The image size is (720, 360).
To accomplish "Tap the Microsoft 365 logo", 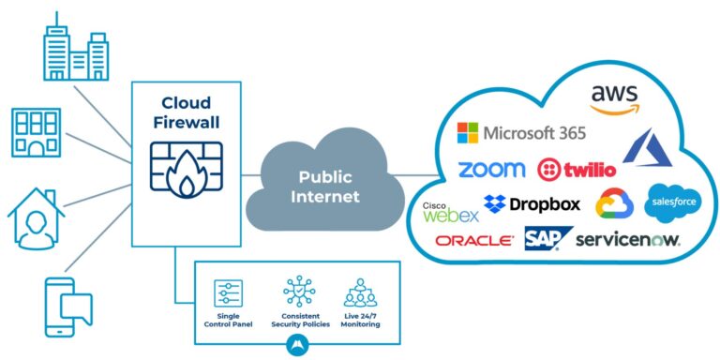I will [521, 132].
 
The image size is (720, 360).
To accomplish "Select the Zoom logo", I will [490, 170].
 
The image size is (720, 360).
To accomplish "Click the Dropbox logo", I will [532, 203].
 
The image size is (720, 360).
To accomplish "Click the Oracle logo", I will [474, 240].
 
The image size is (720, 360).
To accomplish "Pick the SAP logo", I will [543, 240].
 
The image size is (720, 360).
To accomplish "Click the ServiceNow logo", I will [627, 240].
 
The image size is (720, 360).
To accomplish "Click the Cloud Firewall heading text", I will [186, 112].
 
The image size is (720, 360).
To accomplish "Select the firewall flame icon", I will [186, 169].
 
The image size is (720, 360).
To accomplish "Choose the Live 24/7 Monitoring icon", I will [360, 292].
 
